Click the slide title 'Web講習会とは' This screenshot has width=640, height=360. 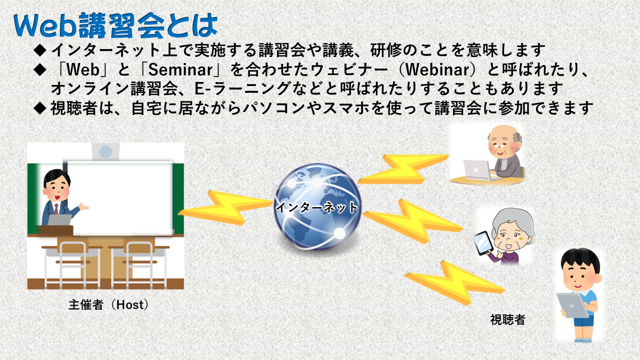click(x=115, y=25)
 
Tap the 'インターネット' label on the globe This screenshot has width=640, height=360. click(x=316, y=207)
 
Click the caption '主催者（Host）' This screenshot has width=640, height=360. click(x=108, y=305)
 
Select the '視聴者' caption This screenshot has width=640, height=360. click(x=507, y=319)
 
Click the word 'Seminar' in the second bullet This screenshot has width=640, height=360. click(x=180, y=69)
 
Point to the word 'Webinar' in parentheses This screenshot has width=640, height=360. click(x=437, y=69)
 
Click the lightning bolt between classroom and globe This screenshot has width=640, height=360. click(x=225, y=207)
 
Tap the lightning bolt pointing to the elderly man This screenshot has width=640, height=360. click(x=403, y=169)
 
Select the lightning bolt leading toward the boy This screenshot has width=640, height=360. click(x=455, y=283)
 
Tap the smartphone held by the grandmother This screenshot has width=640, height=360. click(x=483, y=243)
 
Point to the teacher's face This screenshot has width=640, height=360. click(x=57, y=190)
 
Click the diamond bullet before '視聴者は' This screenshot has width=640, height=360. click(x=39, y=108)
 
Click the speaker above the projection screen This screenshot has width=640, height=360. click(x=105, y=151)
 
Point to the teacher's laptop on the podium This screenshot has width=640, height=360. click(x=59, y=219)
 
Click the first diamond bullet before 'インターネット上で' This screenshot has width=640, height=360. click(x=39, y=50)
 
